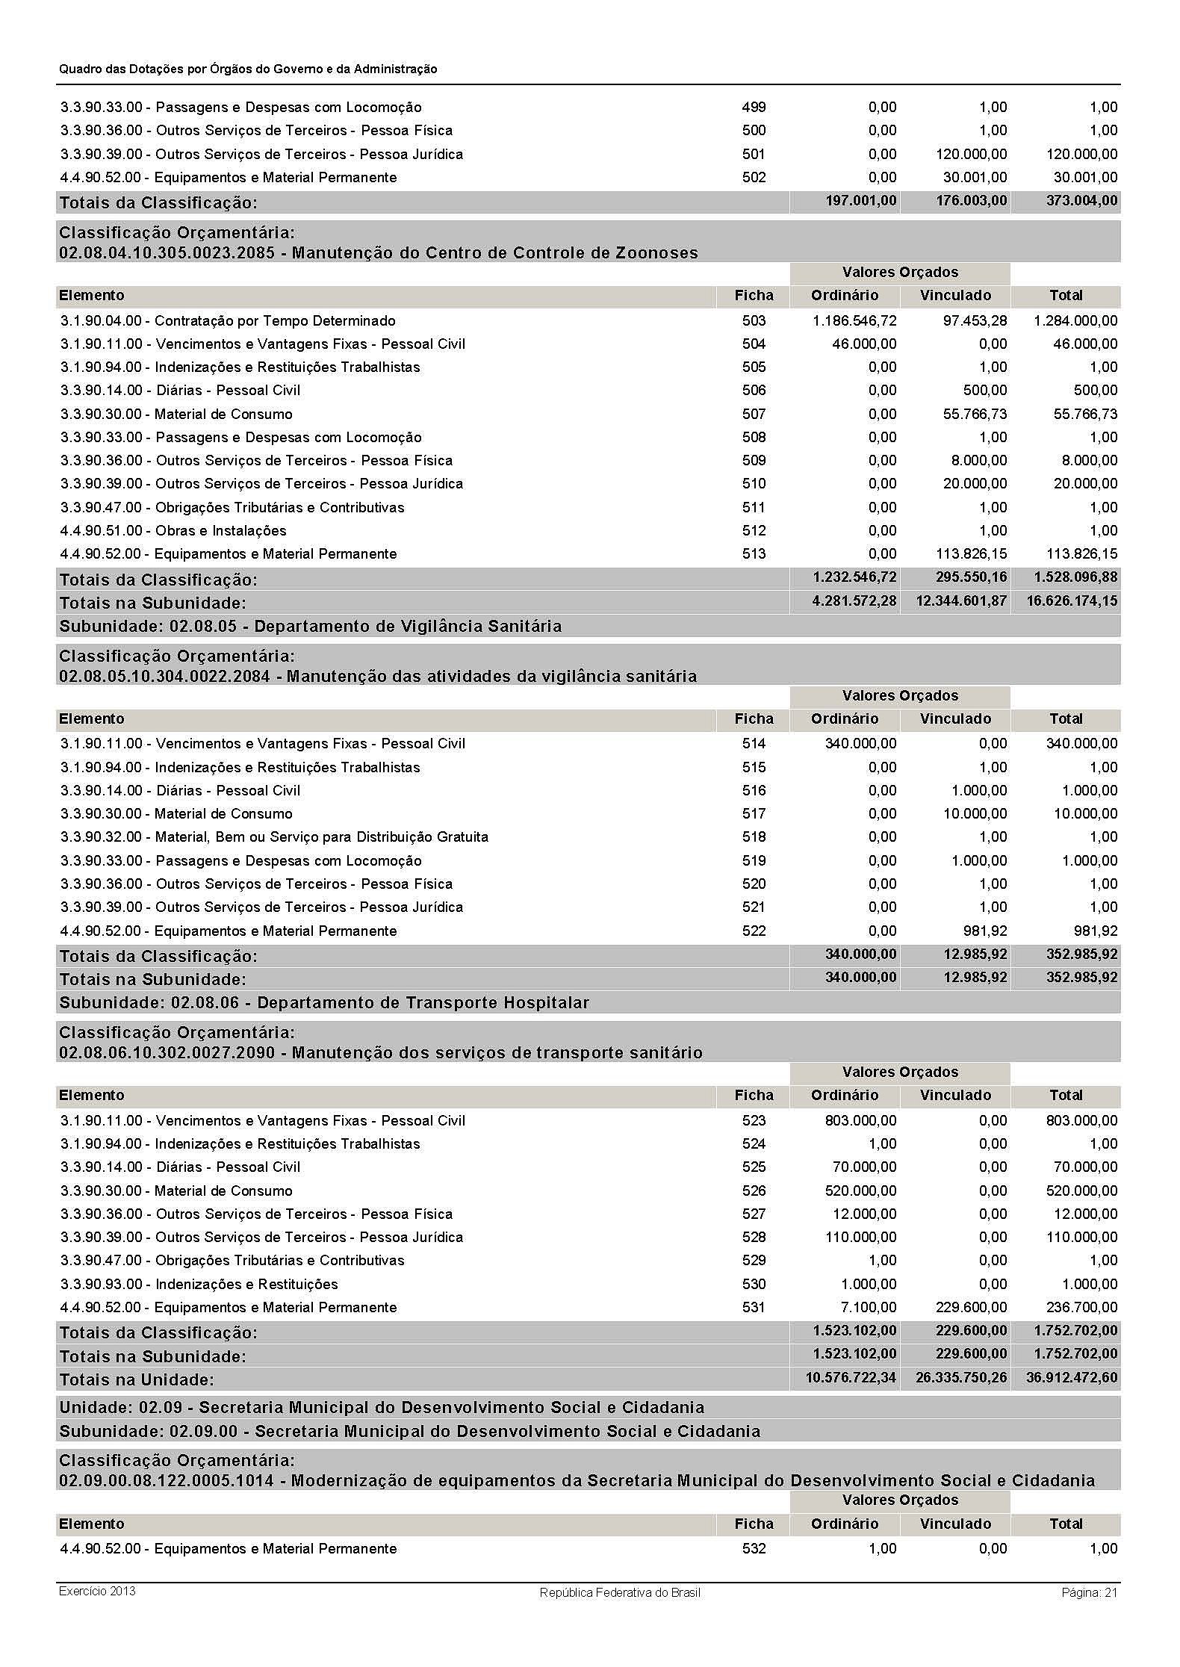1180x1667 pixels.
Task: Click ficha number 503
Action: point(754,320)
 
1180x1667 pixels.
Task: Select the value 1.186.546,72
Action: point(854,320)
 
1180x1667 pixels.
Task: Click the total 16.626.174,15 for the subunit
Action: point(1072,601)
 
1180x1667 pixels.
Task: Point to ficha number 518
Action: point(754,836)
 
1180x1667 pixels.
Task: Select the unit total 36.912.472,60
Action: point(1072,1377)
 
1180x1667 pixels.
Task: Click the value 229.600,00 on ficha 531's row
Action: point(970,1307)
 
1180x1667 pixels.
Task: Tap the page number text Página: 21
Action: point(1089,1592)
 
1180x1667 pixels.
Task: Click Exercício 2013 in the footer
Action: point(97,1591)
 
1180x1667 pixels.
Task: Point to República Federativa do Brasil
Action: point(620,1592)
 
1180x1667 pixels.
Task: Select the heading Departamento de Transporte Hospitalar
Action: point(423,1002)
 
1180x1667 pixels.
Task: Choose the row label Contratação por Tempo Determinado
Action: point(275,320)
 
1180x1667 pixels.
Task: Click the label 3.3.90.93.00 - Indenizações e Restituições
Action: point(199,1284)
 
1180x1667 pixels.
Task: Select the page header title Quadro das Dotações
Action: point(248,69)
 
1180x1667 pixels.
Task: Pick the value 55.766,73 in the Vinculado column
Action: point(975,414)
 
